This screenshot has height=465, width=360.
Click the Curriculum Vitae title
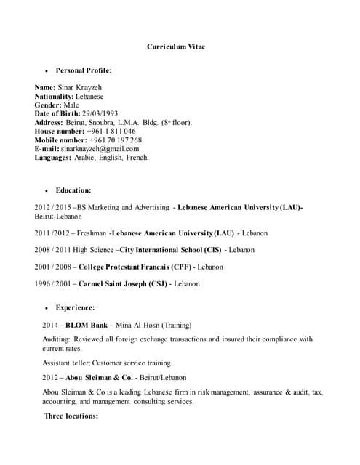pos(176,46)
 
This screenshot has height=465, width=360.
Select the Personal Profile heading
pos(84,70)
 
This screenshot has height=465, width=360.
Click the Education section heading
pos(73,190)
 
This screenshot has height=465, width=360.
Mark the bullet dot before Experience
pos(47,308)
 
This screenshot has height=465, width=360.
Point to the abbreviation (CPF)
pos(180,267)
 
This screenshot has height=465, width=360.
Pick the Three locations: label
pos(71,416)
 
